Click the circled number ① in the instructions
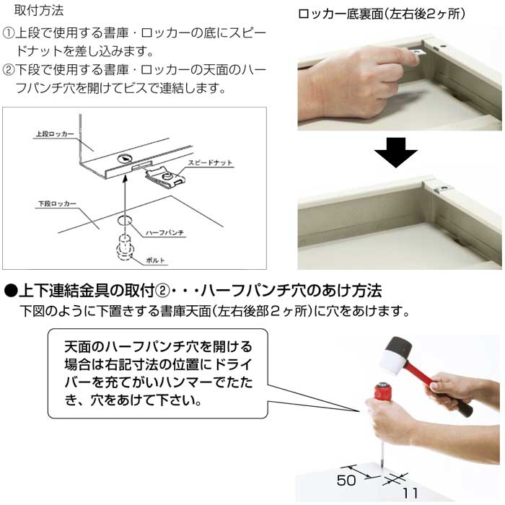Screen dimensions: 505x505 [9, 34]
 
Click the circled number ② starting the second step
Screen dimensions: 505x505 [9, 71]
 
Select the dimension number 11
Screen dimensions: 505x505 [409, 493]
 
